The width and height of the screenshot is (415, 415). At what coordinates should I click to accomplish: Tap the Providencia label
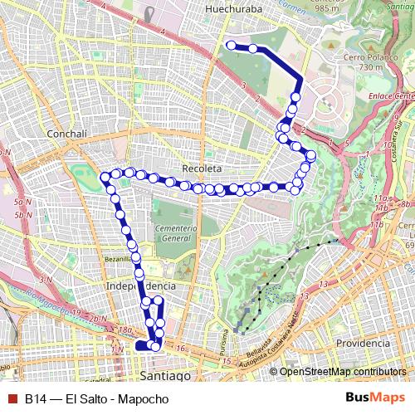(364, 343)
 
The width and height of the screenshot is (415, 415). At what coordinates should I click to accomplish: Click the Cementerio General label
(174, 232)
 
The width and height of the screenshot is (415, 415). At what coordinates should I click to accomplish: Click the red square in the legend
(10, 399)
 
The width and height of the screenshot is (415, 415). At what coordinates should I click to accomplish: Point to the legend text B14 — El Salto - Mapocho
(96, 399)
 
